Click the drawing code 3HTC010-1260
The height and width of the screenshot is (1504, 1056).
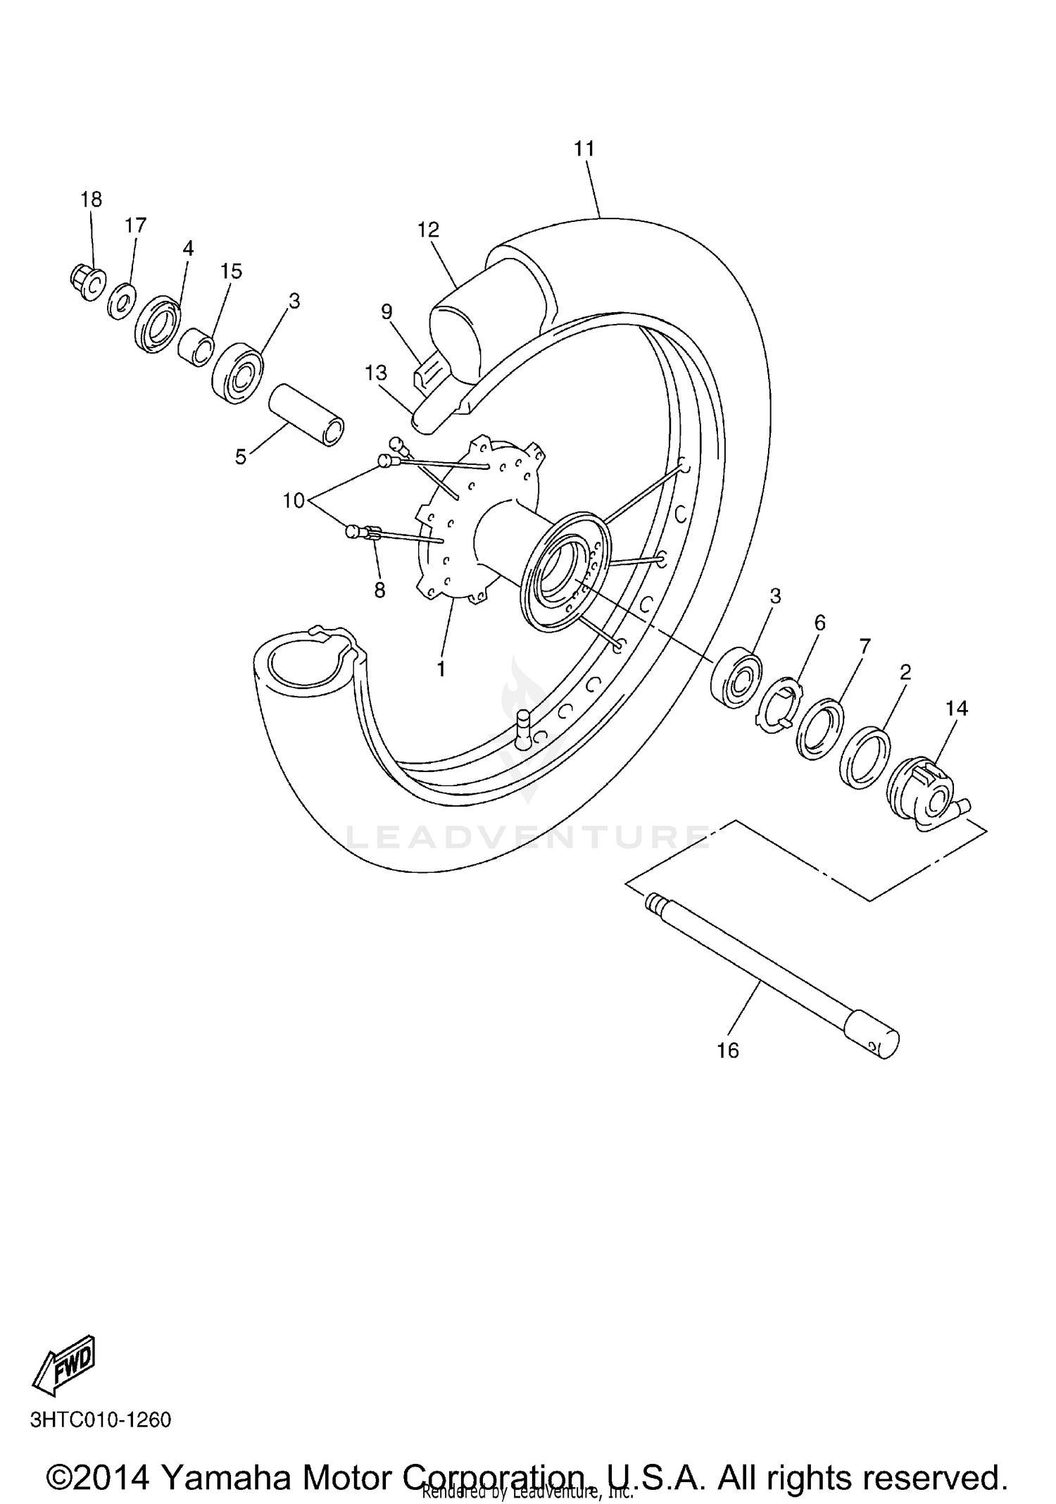101,1419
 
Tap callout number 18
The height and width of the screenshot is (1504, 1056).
92,199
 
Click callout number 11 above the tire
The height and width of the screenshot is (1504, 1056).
584,149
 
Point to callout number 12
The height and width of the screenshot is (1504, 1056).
428,230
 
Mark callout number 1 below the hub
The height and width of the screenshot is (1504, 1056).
441,668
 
